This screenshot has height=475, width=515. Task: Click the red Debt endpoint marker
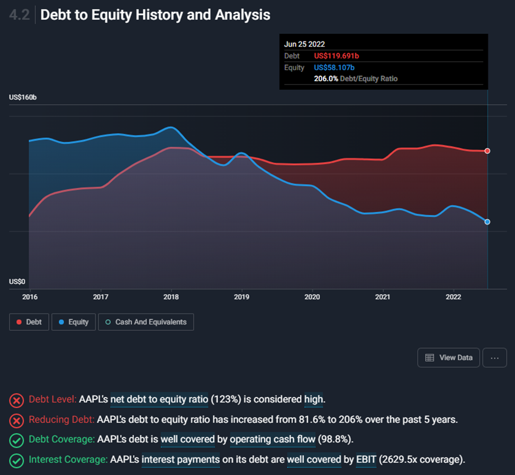click(x=487, y=151)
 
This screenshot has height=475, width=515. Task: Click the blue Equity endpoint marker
click(x=487, y=222)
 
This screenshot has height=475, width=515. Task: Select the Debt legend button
click(x=29, y=322)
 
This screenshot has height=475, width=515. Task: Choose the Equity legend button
click(x=74, y=322)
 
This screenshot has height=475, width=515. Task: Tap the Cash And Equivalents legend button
click(x=146, y=322)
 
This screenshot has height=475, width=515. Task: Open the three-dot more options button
click(x=495, y=357)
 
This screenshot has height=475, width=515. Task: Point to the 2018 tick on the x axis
click(x=171, y=297)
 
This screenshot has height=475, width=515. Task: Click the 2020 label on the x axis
click(x=312, y=297)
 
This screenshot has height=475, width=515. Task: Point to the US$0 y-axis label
click(x=17, y=282)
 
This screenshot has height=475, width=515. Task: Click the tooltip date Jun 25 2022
click(x=304, y=44)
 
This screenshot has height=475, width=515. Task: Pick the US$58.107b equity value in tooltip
click(x=334, y=67)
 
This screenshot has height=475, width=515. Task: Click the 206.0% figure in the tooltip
click(x=324, y=78)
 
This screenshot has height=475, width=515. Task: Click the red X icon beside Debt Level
click(x=17, y=400)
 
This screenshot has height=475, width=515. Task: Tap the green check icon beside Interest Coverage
click(x=17, y=460)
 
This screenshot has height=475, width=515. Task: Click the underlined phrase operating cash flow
click(x=273, y=440)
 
